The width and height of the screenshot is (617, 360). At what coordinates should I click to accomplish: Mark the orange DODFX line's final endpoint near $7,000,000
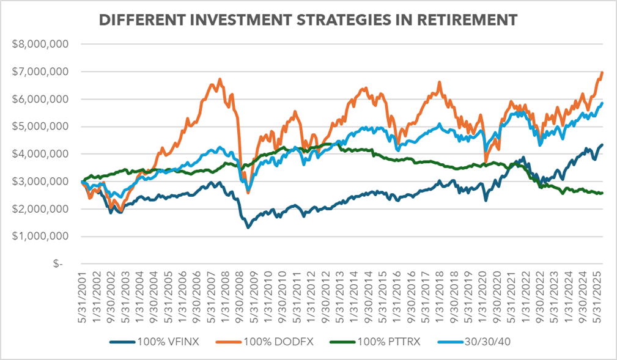[x=603, y=72]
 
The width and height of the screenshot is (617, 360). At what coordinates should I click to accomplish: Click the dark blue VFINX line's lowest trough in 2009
[x=248, y=227]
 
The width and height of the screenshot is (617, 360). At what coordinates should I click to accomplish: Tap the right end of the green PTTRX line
[x=603, y=193]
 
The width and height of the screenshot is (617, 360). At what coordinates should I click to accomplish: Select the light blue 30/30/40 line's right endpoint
[x=603, y=103]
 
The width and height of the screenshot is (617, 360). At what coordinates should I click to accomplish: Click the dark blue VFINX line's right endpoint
[x=603, y=145]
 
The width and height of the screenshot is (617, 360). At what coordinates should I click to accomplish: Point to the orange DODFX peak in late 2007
[x=220, y=79]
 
